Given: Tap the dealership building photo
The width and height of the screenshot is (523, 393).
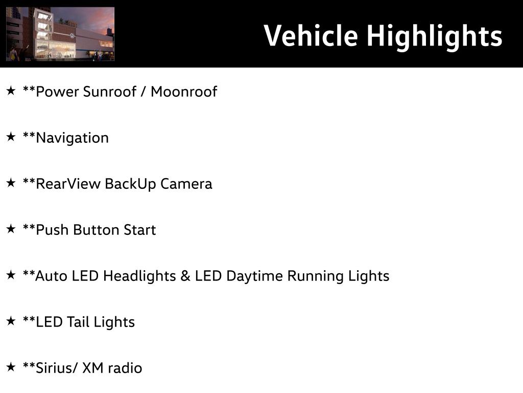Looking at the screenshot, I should click(x=60, y=34).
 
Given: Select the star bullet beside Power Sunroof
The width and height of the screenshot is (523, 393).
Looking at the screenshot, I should click(x=11, y=91).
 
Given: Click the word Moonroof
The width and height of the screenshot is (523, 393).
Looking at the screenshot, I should click(x=184, y=92).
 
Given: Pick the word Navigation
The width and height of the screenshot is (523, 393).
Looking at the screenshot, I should click(x=72, y=138).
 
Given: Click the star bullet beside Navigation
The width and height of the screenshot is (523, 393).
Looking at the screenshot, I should click(x=11, y=137).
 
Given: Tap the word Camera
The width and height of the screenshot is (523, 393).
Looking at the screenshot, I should click(x=186, y=184).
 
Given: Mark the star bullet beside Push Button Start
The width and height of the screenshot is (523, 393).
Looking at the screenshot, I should click(x=11, y=229).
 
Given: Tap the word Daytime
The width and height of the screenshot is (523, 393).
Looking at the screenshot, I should click(x=254, y=276).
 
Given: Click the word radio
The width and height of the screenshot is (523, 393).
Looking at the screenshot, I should click(x=125, y=368).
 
